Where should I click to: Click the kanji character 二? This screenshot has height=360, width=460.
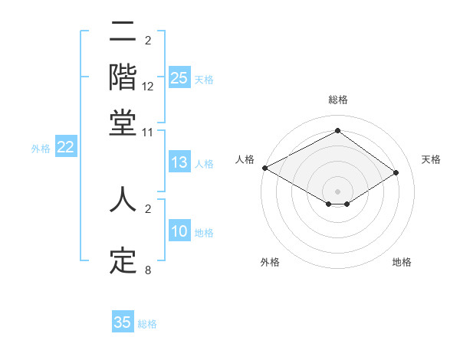123,34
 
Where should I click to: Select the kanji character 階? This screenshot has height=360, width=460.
123,77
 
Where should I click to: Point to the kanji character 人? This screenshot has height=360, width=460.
123,201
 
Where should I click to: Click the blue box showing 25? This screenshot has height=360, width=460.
179,78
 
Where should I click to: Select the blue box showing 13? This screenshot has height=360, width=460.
179,162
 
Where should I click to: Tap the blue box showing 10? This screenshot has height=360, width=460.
179,232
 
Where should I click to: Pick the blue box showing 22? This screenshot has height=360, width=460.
65,147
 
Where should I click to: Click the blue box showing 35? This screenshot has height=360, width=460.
123,322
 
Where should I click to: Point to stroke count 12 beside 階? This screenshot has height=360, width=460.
148,87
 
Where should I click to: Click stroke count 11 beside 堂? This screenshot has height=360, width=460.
148,132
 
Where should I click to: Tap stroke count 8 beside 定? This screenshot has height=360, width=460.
148,270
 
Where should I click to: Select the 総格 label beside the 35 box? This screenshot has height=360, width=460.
148,324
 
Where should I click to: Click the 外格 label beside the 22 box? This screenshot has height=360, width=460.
41,149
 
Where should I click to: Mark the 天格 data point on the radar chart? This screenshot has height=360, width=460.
396,172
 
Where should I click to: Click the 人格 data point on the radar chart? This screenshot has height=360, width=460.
264,168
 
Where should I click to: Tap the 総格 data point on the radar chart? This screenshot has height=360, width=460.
337,130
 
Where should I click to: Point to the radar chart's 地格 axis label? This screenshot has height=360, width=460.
402,262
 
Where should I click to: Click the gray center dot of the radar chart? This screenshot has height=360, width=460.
337,191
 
